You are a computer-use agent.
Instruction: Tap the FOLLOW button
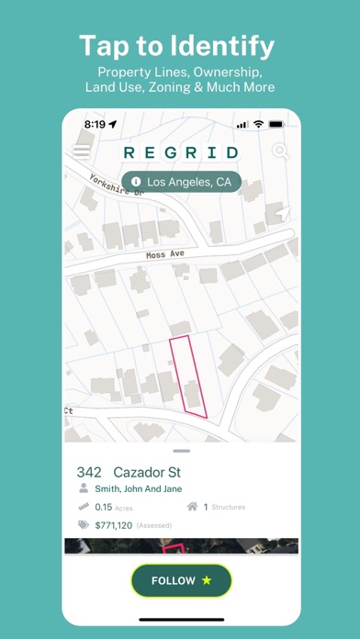tap(181, 580)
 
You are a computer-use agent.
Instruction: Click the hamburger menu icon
tap(82, 151)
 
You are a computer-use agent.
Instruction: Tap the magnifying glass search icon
tap(279, 152)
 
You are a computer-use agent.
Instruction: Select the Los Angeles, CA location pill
tap(180, 182)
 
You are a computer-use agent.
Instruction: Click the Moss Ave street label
tap(165, 254)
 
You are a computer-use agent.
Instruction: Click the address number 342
tap(89, 472)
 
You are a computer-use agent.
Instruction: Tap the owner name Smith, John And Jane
tap(133, 489)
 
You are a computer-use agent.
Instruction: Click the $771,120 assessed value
tap(113, 524)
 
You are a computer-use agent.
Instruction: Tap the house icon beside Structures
tap(192, 506)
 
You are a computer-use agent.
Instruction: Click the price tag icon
tap(84, 524)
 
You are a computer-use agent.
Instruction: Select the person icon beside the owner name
tap(84, 489)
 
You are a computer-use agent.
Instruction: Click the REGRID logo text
tap(180, 152)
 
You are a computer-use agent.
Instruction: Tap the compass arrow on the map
tap(284, 213)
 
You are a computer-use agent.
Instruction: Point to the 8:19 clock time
tap(95, 123)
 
